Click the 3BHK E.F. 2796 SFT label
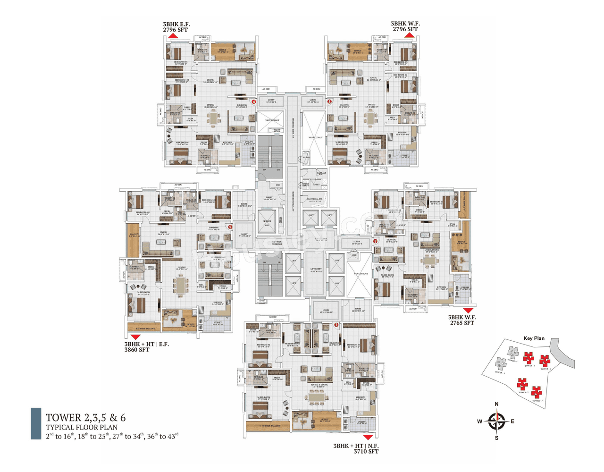pos(176,27)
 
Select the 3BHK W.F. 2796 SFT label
pos(405,26)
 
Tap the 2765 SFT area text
pos(462,323)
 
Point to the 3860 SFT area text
pos(137,350)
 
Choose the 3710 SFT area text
pos(366,451)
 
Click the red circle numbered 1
pos(336,325)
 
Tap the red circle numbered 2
pos(230,227)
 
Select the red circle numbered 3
pos(376,241)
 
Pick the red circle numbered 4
pos(254,101)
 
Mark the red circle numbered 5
pos(329,101)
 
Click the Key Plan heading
pos(534,338)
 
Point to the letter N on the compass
pos(496,404)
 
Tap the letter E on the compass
pos(512,421)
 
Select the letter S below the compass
pos(496,438)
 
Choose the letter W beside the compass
pos(479,421)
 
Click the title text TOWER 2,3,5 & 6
pos(85,417)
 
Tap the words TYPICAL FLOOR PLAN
pos(82,427)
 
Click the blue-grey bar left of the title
pos(36,423)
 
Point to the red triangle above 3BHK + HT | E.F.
pos(135,337)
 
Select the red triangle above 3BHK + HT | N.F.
pos(368,438)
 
